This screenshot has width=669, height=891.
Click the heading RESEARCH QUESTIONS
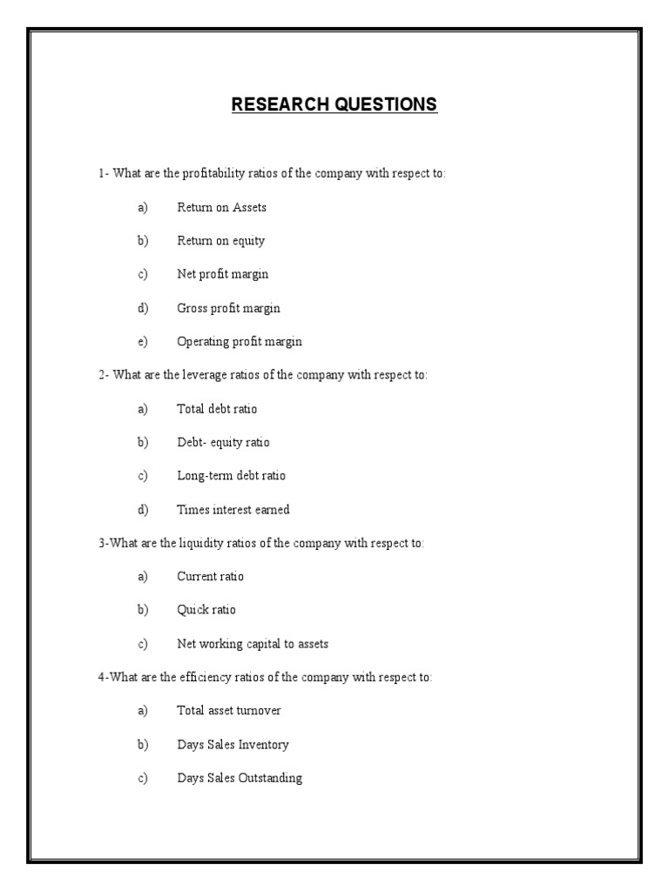[334, 105]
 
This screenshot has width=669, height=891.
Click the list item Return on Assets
[221, 207]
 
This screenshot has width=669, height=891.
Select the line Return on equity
[220, 241]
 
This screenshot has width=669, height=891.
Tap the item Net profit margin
[222, 274]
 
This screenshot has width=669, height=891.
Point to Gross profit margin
[228, 308]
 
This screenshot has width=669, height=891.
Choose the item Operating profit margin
[239, 342]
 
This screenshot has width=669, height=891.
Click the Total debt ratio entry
[217, 408]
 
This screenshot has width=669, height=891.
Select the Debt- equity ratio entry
[223, 442]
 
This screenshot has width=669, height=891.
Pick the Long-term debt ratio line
[231, 476]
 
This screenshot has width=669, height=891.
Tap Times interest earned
[233, 510]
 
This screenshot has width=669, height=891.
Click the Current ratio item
[210, 576]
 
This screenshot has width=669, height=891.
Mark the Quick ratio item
[206, 610]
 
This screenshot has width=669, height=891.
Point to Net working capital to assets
[253, 644]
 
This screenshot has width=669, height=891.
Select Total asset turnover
[228, 711]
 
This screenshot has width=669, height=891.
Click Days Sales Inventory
[233, 745]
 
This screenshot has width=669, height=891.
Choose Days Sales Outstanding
[240, 778]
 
